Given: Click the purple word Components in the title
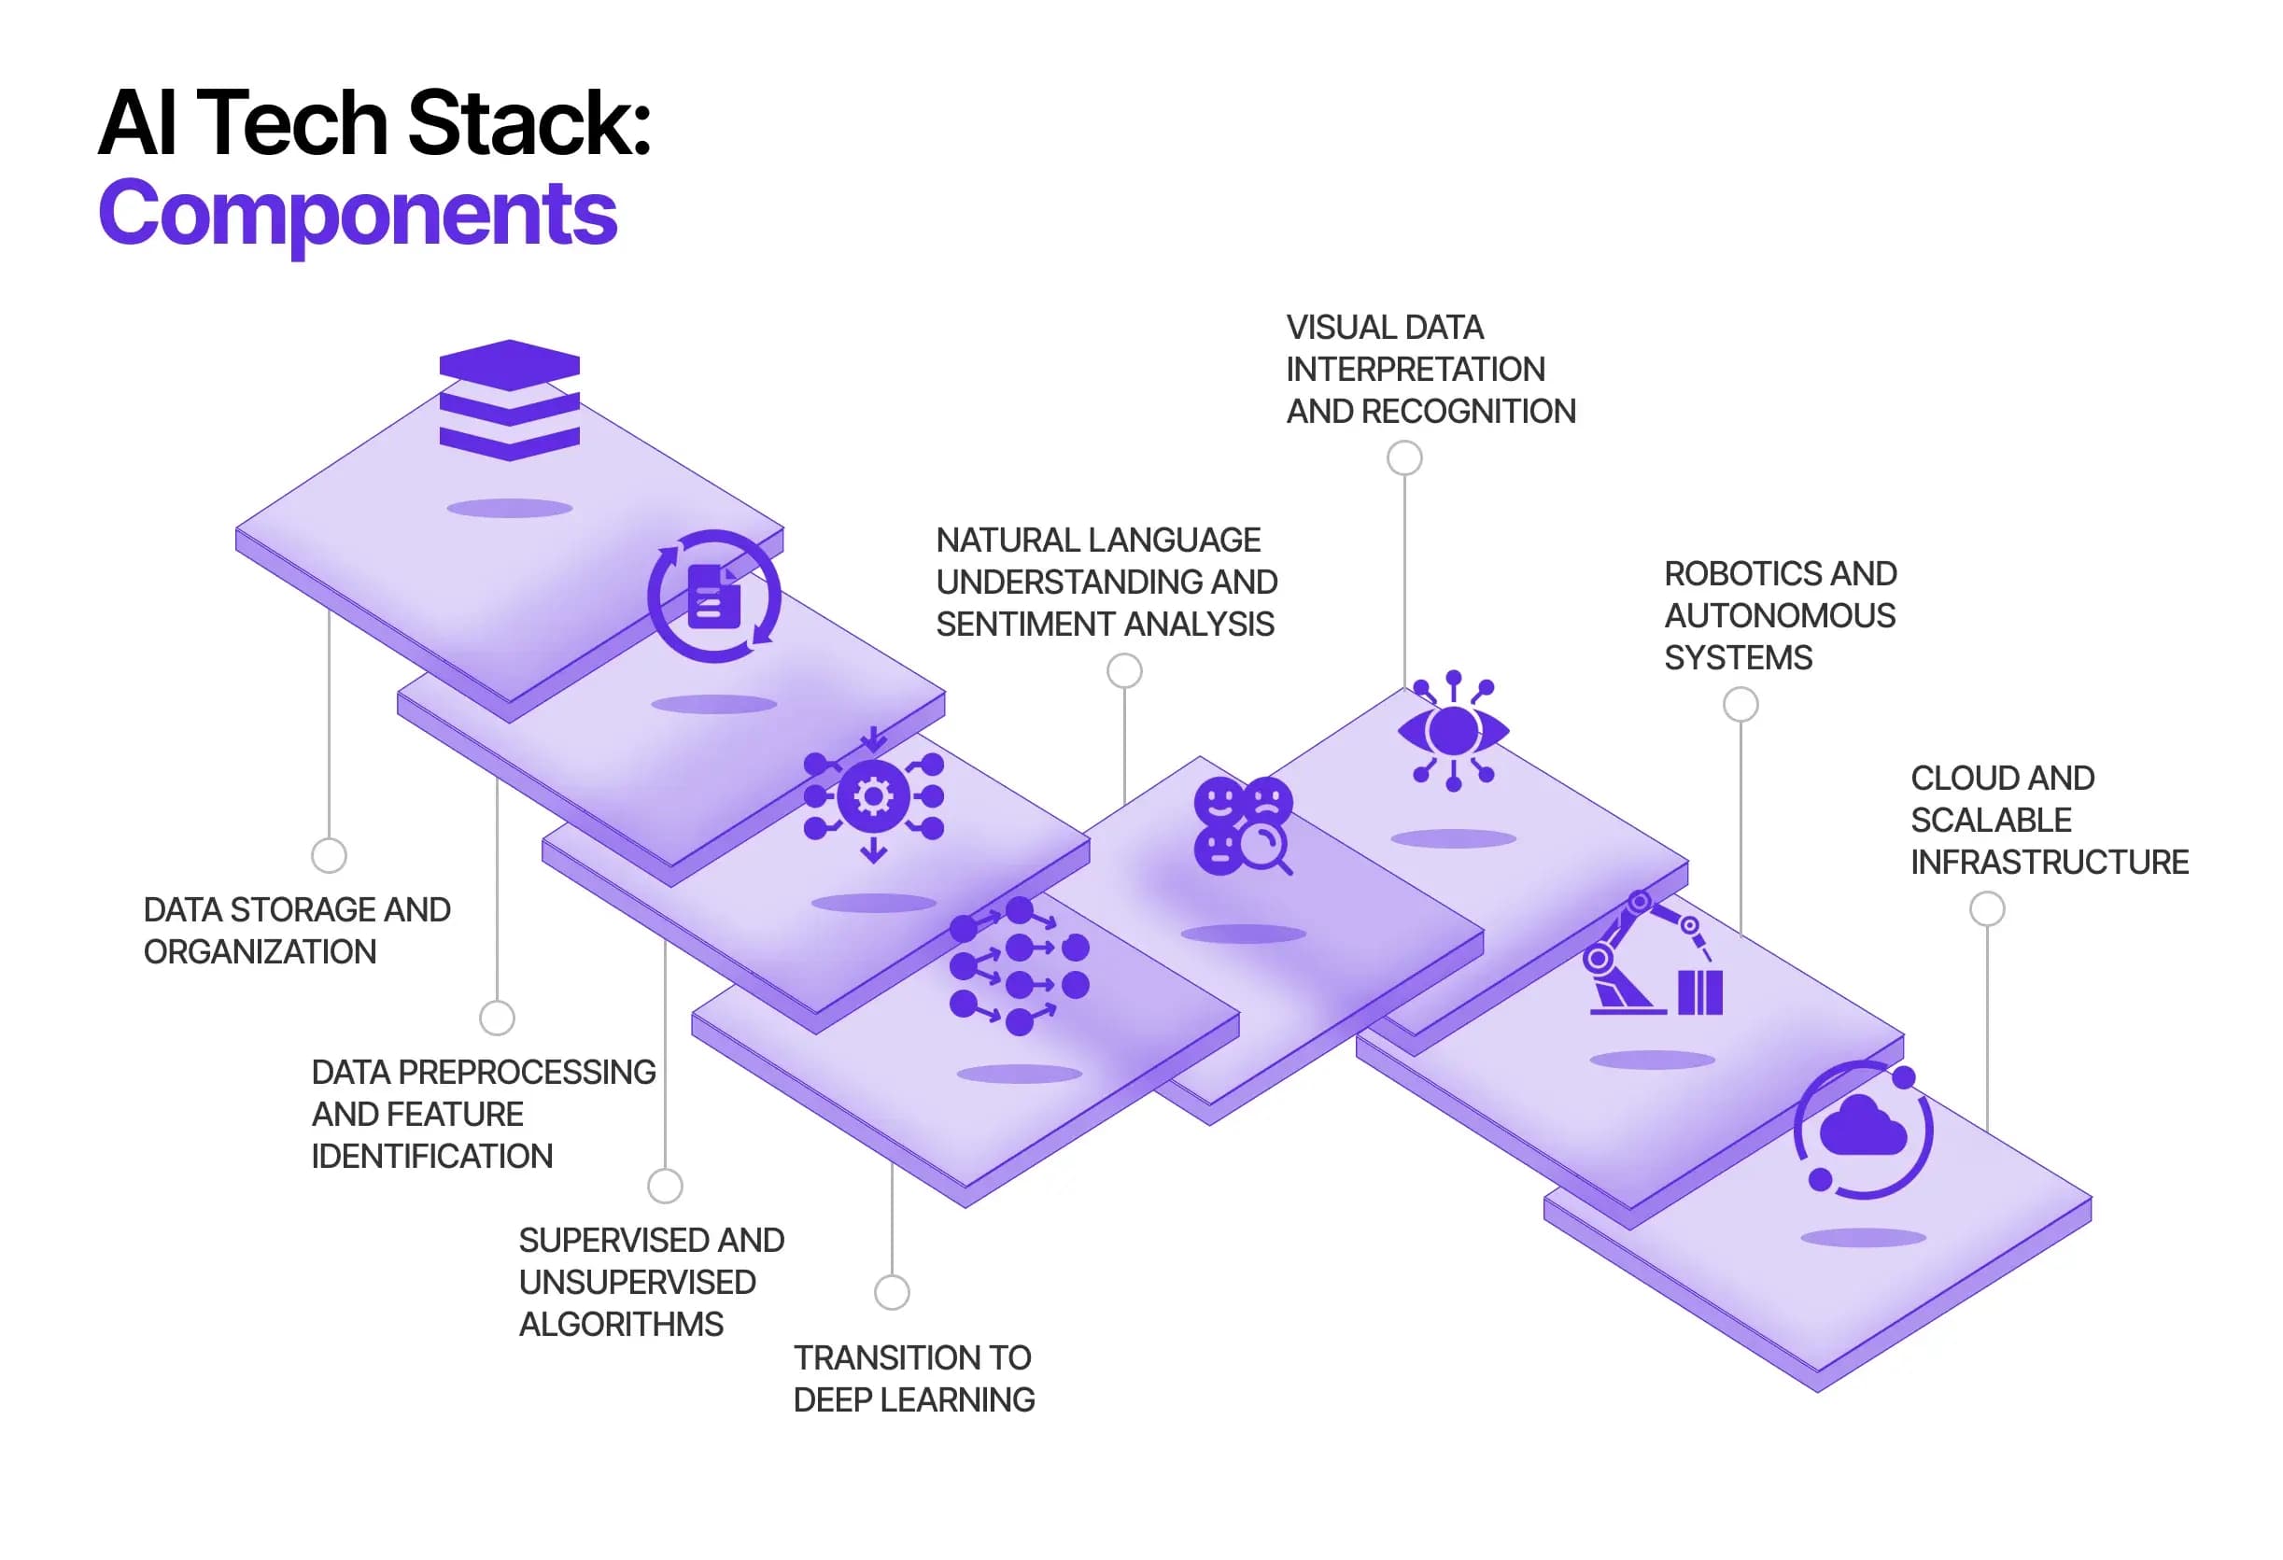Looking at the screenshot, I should (358, 214).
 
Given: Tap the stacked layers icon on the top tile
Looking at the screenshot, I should (509, 400).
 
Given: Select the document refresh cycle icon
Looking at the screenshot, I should (714, 597).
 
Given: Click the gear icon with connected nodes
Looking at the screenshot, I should (873, 795).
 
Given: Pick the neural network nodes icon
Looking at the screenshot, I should (1019, 966).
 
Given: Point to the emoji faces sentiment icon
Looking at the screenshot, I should (1243, 825).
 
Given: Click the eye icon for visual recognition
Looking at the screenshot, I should (1453, 731).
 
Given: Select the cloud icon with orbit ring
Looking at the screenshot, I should (1863, 1130).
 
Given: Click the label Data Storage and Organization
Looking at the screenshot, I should (297, 930).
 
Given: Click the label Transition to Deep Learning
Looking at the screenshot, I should (913, 1378).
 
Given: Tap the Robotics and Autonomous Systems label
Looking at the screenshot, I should (1779, 615).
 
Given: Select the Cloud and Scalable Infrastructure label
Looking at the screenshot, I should (2049, 820).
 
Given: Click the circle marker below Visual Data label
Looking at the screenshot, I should (1403, 457).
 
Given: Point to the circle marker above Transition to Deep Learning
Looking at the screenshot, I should (891, 1292).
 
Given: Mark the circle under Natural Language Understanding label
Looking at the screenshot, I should (1124, 671).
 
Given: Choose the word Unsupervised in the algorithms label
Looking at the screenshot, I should (637, 1282).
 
